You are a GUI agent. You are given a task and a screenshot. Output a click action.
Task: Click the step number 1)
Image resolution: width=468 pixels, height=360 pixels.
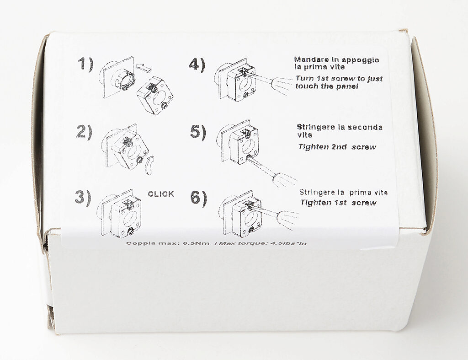pos(85,64)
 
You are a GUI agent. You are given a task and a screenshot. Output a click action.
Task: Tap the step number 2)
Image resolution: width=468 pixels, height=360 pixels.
pos(84,132)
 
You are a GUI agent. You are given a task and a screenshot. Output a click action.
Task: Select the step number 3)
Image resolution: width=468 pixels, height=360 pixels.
pos(83,198)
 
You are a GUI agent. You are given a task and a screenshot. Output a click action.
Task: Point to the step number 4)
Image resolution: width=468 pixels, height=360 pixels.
pos(197,64)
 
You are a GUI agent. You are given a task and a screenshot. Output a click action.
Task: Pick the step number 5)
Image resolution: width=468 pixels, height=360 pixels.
pos(198,132)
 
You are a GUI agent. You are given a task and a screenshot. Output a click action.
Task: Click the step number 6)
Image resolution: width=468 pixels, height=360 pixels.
pos(198,198)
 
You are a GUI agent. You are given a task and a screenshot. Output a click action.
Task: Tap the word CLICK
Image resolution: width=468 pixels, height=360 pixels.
pos(161,194)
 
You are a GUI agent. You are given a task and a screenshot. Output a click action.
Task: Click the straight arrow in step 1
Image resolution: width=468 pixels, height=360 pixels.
pos(144,67)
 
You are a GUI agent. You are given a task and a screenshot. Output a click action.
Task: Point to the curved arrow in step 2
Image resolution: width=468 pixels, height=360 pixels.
pos(150,165)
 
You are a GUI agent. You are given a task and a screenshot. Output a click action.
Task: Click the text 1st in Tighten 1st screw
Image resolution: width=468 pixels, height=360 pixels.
pos(340,203)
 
